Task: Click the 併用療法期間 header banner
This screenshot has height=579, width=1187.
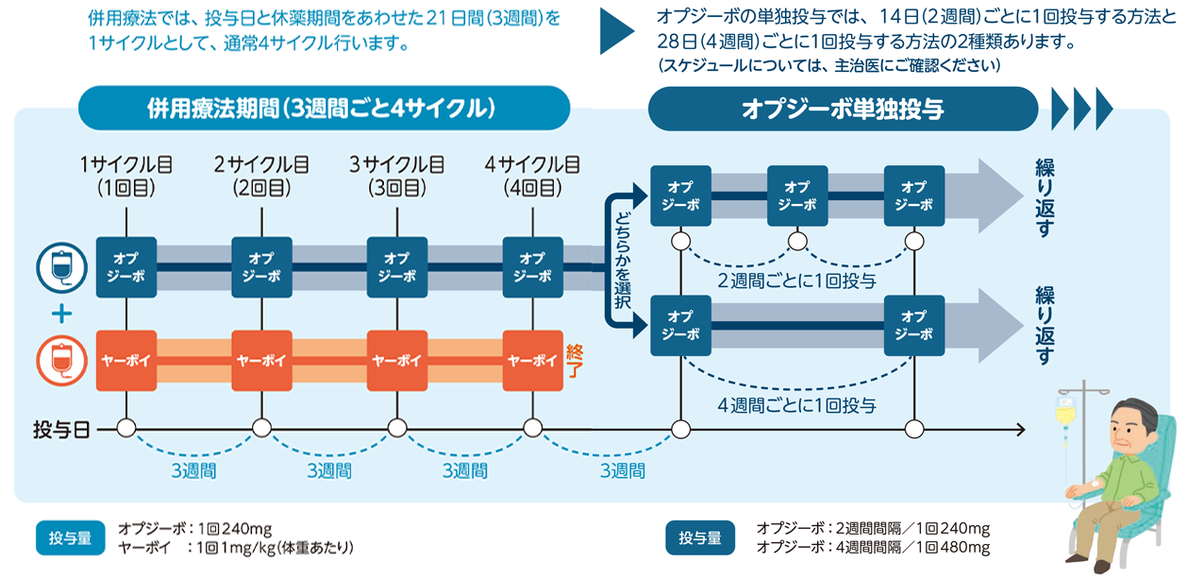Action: tap(323, 108)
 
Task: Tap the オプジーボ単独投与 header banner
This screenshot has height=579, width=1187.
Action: tap(843, 109)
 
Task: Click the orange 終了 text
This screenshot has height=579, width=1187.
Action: tap(574, 360)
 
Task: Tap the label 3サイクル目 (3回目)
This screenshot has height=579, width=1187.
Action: tap(397, 176)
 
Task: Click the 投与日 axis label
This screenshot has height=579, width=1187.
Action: tap(61, 431)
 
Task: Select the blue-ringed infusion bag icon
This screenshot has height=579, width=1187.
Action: tap(56, 267)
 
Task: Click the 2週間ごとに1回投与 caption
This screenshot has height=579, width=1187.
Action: tap(796, 281)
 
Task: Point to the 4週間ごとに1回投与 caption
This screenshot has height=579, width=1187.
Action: tap(796, 406)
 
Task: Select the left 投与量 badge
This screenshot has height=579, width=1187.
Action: tap(71, 538)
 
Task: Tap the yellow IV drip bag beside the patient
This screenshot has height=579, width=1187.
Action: tap(1065, 412)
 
